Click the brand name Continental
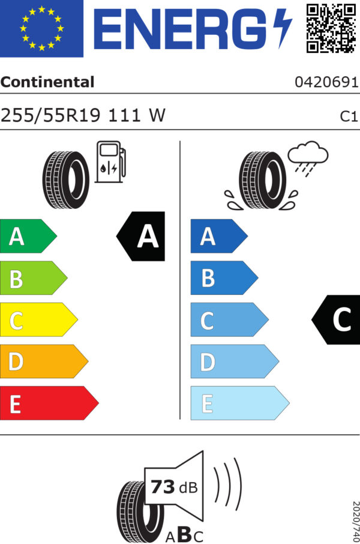click(47, 82)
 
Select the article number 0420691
click(326, 83)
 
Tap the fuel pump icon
click(110, 162)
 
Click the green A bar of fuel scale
click(26, 237)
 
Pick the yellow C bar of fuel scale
click(36, 320)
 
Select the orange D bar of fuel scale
click(42, 361)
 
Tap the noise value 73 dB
click(173, 487)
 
